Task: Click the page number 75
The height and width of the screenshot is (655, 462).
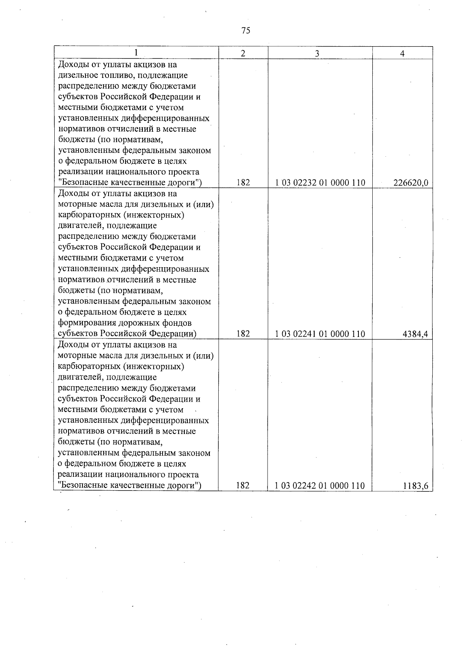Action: (x=246, y=30)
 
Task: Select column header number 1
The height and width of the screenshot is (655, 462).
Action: (x=136, y=53)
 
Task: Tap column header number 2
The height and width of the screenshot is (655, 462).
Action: (x=243, y=54)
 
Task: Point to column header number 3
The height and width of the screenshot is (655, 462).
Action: (x=317, y=54)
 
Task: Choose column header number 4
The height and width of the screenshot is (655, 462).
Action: (x=402, y=54)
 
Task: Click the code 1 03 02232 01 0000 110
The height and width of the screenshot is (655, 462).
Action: (x=320, y=183)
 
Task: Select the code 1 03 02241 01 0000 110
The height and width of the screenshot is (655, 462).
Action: (x=320, y=334)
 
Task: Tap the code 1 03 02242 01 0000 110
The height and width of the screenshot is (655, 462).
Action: (x=320, y=486)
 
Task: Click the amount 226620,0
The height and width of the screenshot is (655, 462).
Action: (x=410, y=183)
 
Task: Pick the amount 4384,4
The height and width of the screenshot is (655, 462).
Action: (x=415, y=334)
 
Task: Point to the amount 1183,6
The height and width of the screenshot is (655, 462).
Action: (x=415, y=486)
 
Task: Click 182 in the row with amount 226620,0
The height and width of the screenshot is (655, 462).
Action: (x=243, y=183)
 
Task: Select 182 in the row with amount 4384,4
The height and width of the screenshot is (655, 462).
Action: (x=243, y=334)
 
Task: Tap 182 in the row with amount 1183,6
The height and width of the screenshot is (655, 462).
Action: (x=243, y=486)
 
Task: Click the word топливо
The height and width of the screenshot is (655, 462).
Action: (x=112, y=75)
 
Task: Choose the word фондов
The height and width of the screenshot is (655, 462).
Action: (x=177, y=323)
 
